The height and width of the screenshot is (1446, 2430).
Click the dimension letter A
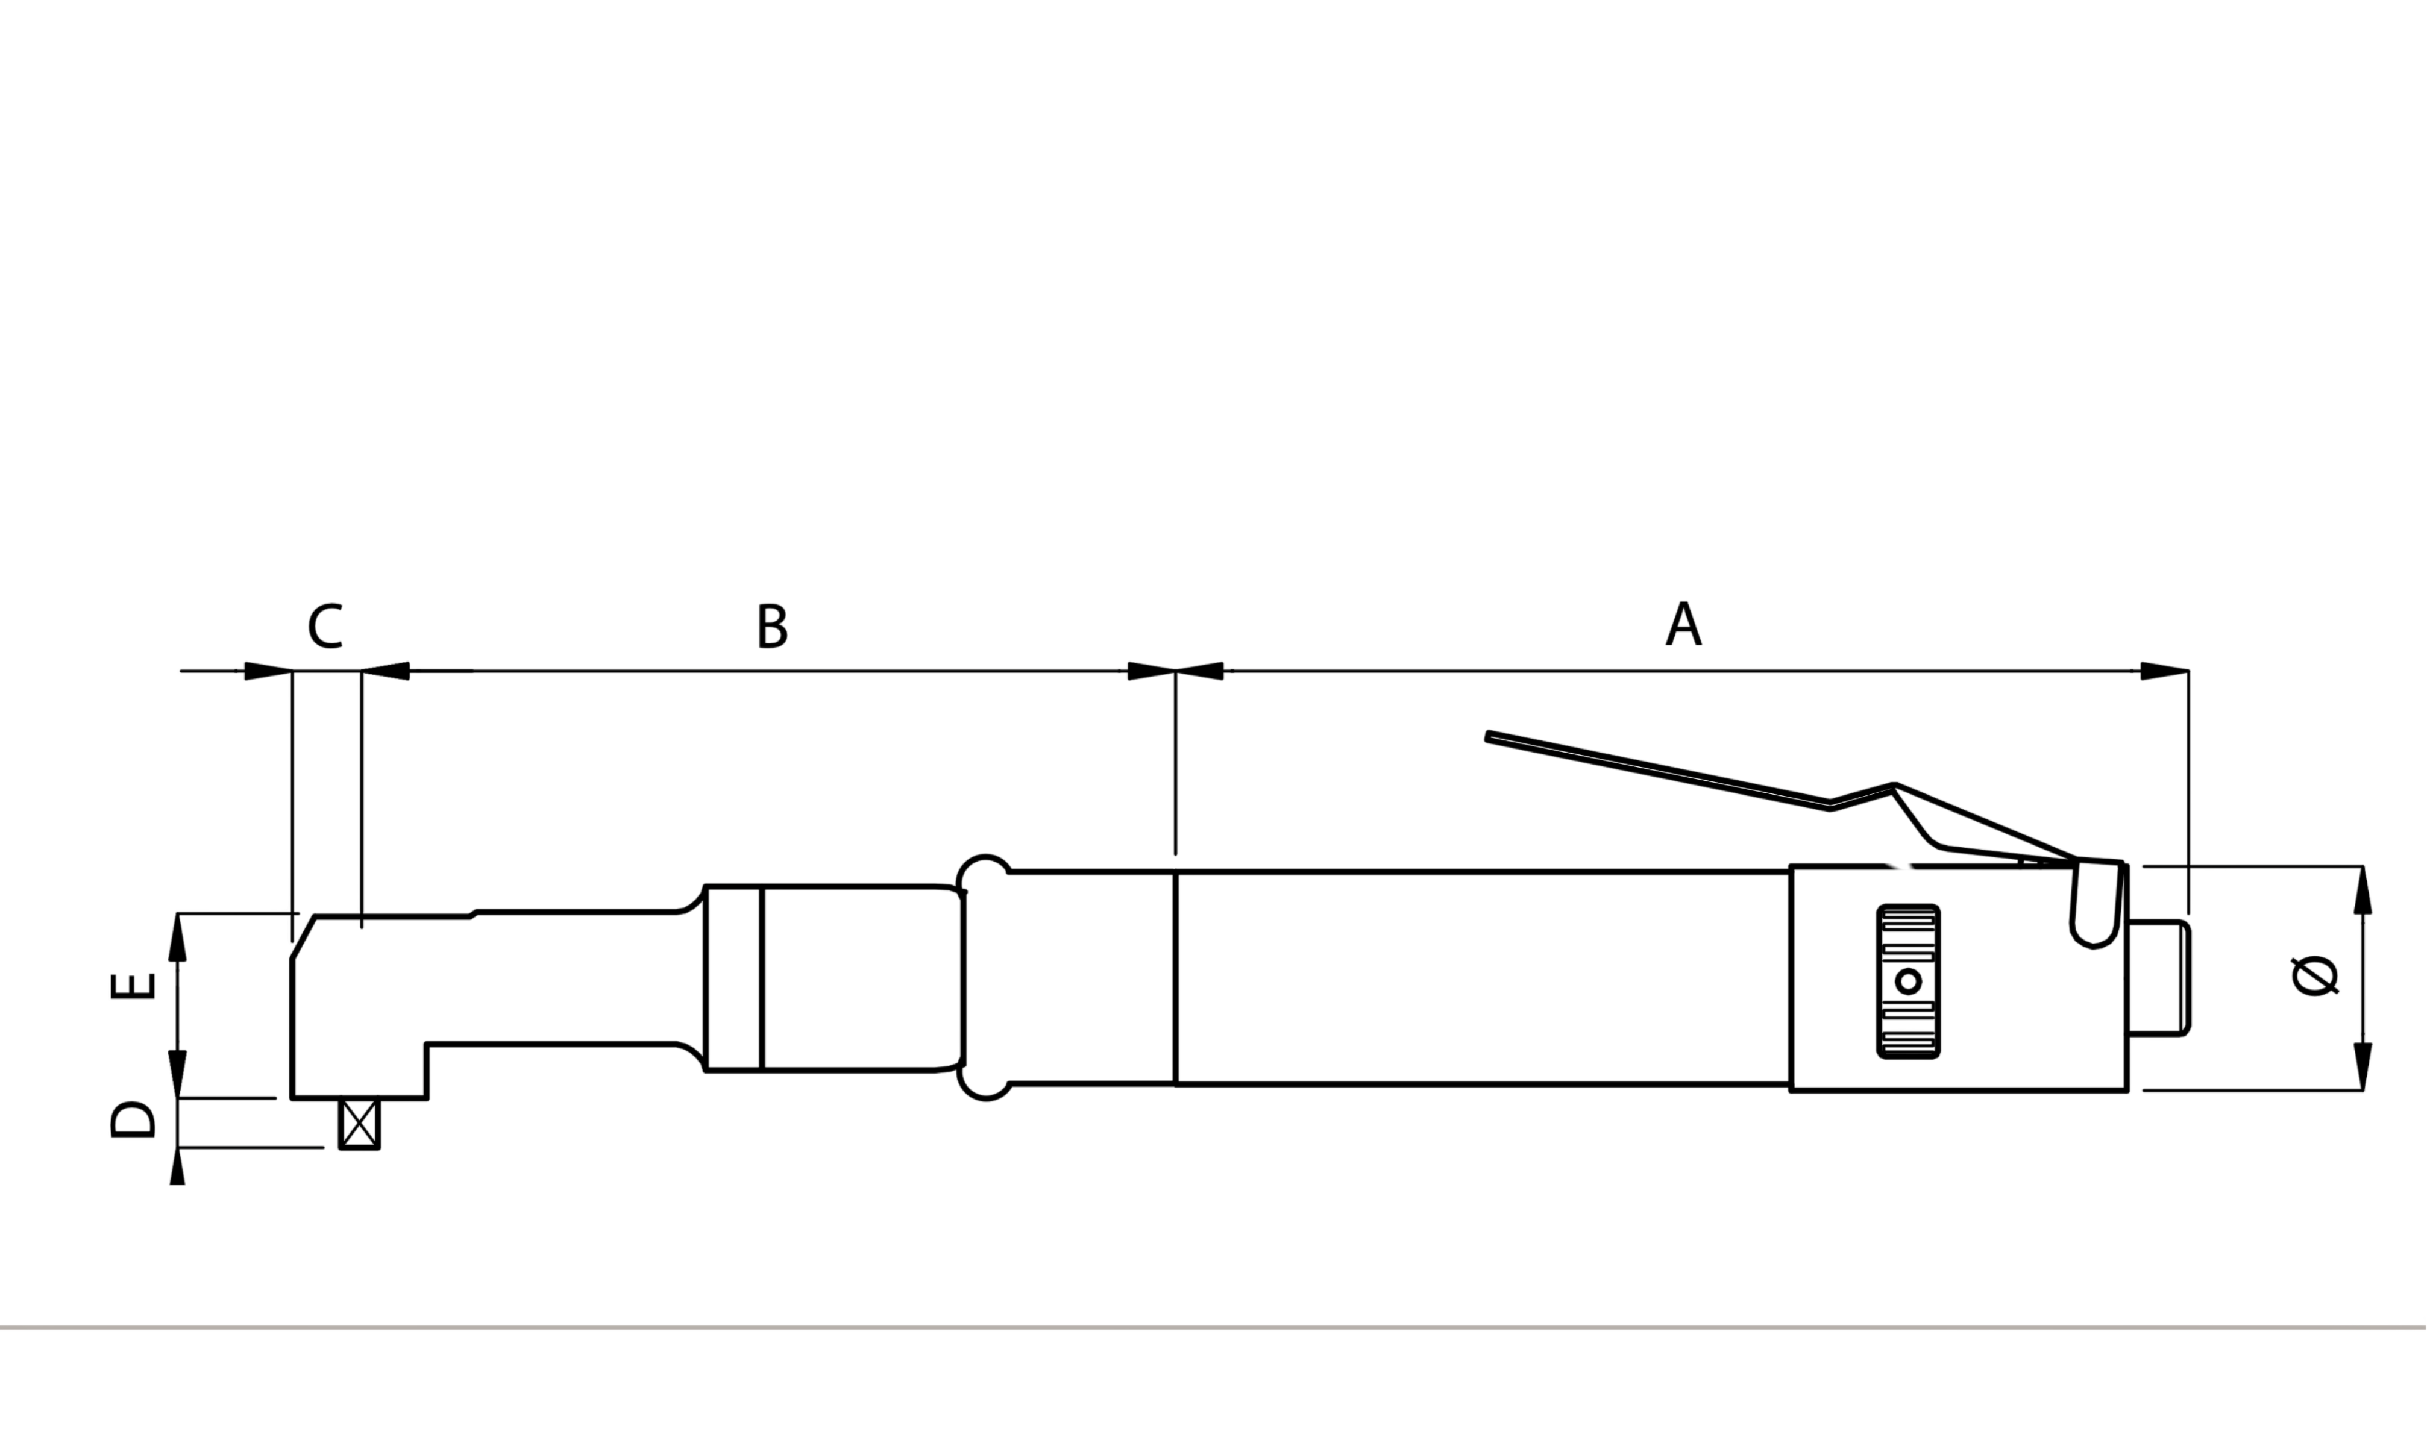tap(1683, 625)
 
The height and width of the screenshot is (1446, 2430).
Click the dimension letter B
tap(772, 627)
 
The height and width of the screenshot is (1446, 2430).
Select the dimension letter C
tap(325, 627)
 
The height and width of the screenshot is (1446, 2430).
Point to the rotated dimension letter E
tap(133, 986)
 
